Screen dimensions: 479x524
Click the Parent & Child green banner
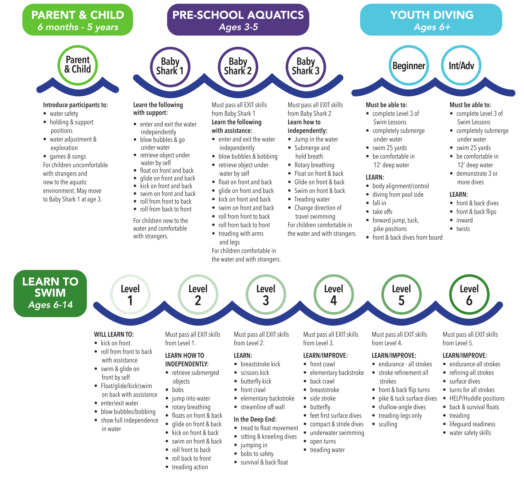click(77, 20)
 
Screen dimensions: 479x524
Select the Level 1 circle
click(130, 294)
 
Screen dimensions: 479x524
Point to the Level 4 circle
click(334, 294)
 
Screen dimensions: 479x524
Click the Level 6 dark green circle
click(469, 294)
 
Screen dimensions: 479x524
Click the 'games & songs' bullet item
click(68, 156)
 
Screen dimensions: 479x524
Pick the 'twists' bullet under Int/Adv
click(463, 229)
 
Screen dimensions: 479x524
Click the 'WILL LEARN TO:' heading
click(114, 334)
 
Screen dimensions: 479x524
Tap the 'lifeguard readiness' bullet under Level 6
click(472, 424)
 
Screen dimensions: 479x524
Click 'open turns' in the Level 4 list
click(323, 441)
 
